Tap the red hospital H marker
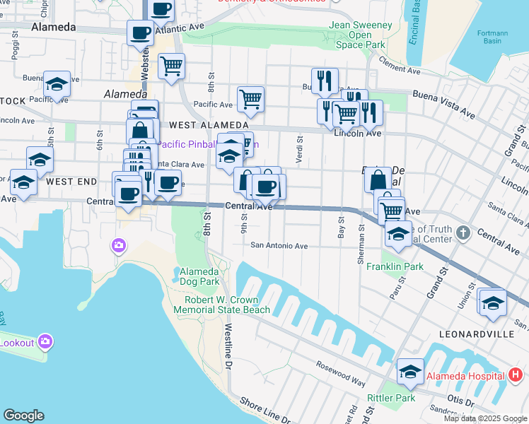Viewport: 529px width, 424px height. click(x=516, y=374)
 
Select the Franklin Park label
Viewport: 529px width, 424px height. click(x=395, y=267)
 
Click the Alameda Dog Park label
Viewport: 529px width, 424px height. click(x=199, y=276)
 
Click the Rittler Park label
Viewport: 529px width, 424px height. click(x=381, y=399)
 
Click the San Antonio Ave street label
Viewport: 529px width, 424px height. click(x=279, y=246)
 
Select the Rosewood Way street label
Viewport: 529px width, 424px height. click(x=342, y=375)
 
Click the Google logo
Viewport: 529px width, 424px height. click(x=23, y=416)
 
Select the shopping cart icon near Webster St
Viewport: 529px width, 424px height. click(x=171, y=66)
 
